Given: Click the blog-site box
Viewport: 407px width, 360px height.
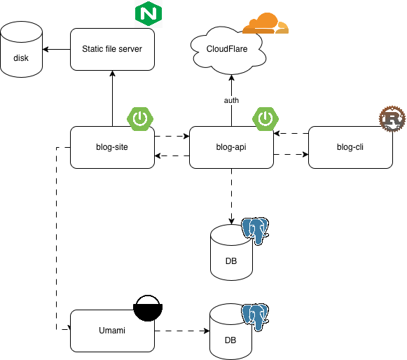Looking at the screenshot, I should coord(112,147).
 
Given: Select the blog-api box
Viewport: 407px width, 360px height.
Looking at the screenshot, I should coord(231,147).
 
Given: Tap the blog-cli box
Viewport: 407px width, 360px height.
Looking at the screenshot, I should coord(350,147).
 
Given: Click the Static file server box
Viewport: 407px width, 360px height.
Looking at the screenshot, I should coord(112,49).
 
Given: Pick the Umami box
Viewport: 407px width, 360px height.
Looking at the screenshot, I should coord(112,330).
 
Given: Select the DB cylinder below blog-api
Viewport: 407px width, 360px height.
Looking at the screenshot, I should coord(230,253).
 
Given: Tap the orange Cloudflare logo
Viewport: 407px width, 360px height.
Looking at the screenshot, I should coord(264,24).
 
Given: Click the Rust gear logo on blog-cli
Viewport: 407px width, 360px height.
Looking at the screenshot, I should coord(392,119).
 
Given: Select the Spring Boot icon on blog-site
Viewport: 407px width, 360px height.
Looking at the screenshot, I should coord(140,118).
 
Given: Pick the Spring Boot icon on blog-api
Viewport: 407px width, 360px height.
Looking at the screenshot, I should coord(265,118).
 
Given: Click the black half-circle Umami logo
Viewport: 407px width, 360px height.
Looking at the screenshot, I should coord(148,307).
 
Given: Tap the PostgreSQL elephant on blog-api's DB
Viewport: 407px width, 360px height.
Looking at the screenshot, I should coord(256,231).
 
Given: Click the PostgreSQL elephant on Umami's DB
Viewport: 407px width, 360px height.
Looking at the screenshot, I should coord(256,317).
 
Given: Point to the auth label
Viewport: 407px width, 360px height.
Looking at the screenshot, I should coord(231,100).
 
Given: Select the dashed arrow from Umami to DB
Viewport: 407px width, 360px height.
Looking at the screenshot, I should coord(182,330).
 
